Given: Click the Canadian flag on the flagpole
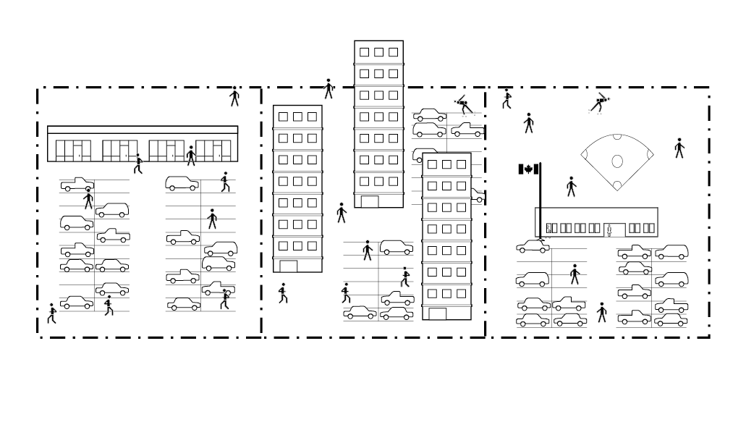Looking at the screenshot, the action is [528, 169].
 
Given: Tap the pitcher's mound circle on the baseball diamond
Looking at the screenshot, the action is [617, 161].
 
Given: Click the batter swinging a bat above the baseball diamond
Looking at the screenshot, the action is [600, 104].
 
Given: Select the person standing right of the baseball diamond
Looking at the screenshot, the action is [679, 148].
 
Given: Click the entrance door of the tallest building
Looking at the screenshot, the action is [370, 201].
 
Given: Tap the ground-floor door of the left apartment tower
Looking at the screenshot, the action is [289, 266].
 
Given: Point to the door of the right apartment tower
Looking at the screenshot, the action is [438, 313].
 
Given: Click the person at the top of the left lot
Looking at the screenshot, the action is [234, 96].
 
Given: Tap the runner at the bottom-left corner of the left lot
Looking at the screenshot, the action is [51, 313].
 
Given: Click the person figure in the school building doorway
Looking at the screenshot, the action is [609, 231].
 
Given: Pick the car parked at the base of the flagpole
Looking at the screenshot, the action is [533, 247].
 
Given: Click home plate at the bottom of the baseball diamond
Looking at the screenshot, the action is [617, 186].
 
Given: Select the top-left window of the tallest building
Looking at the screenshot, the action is [364, 52].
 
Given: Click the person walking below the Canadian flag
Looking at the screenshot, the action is [571, 187].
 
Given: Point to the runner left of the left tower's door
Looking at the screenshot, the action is [283, 293].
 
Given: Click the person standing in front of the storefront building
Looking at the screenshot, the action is [191, 156].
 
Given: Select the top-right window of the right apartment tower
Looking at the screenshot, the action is [461, 164].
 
